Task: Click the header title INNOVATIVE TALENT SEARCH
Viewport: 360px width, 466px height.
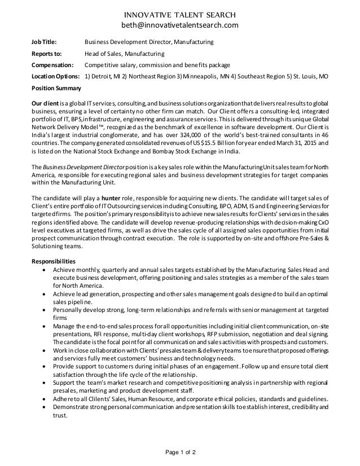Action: pos(180,14)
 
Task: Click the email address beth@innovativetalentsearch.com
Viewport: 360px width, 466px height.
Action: pos(180,25)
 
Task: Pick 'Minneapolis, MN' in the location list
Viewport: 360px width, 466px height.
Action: pos(213,76)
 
